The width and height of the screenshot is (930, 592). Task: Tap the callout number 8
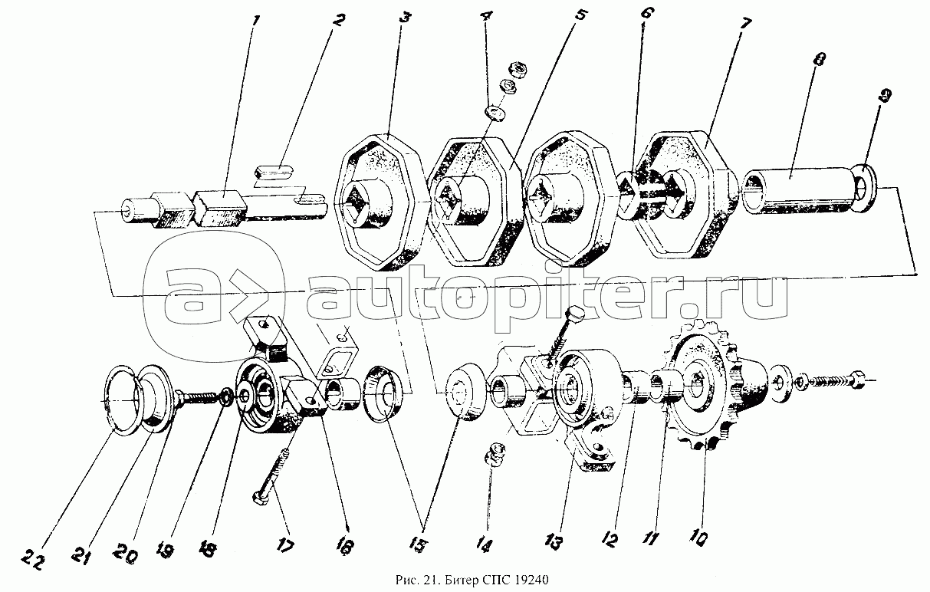819,59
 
